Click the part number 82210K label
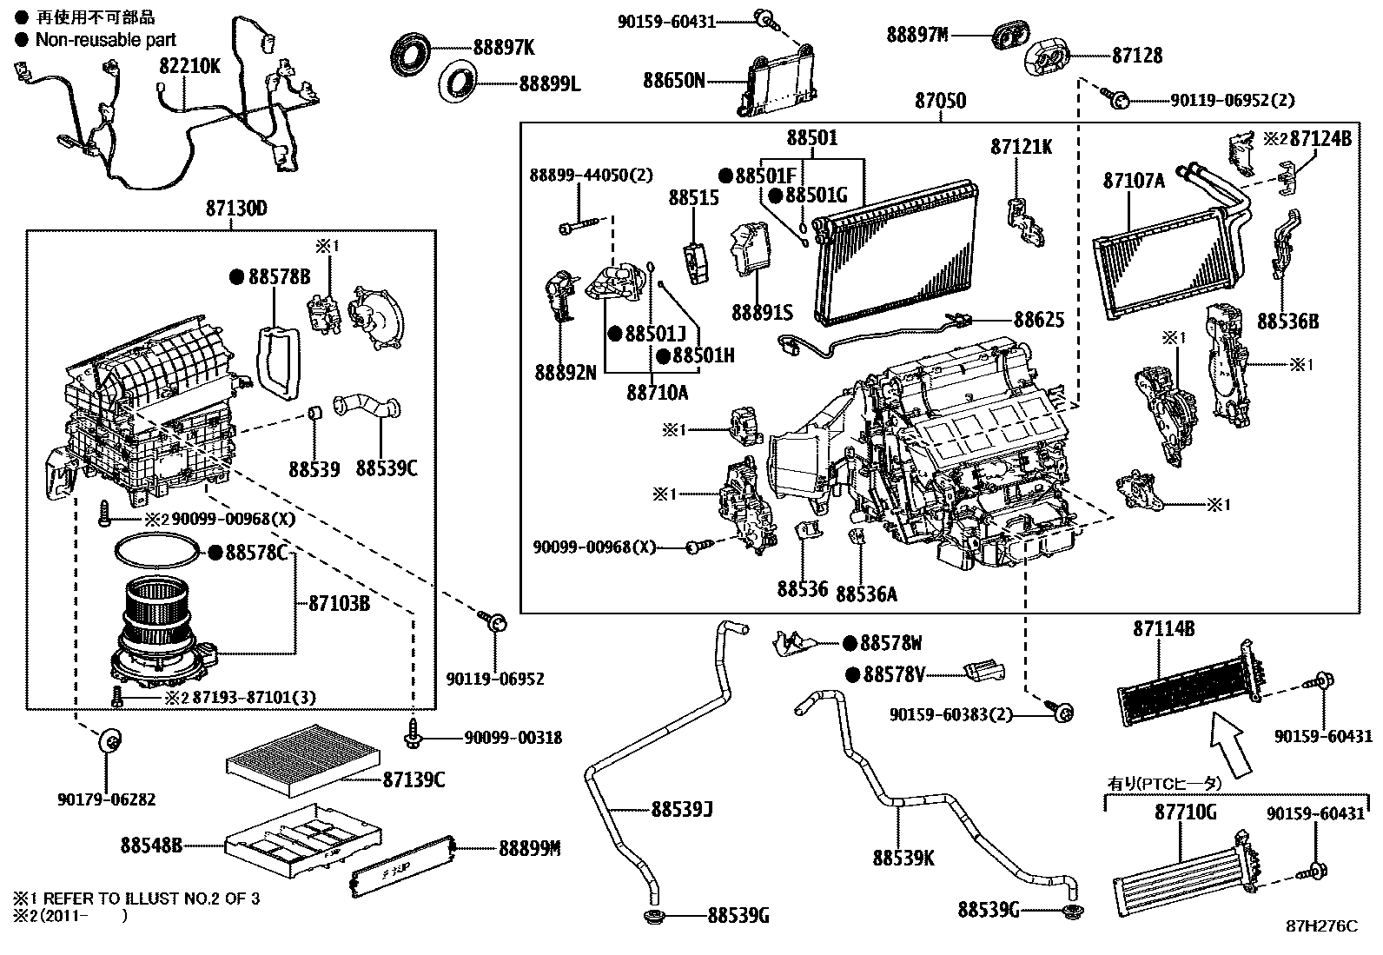189,66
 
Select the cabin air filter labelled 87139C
300,759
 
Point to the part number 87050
940,101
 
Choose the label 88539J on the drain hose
682,810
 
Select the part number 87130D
236,209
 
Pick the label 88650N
674,81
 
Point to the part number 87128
1137,56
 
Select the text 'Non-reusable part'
105,39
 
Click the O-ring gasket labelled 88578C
156,552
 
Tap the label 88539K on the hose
903,858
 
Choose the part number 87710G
1185,813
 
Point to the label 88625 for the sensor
1039,321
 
